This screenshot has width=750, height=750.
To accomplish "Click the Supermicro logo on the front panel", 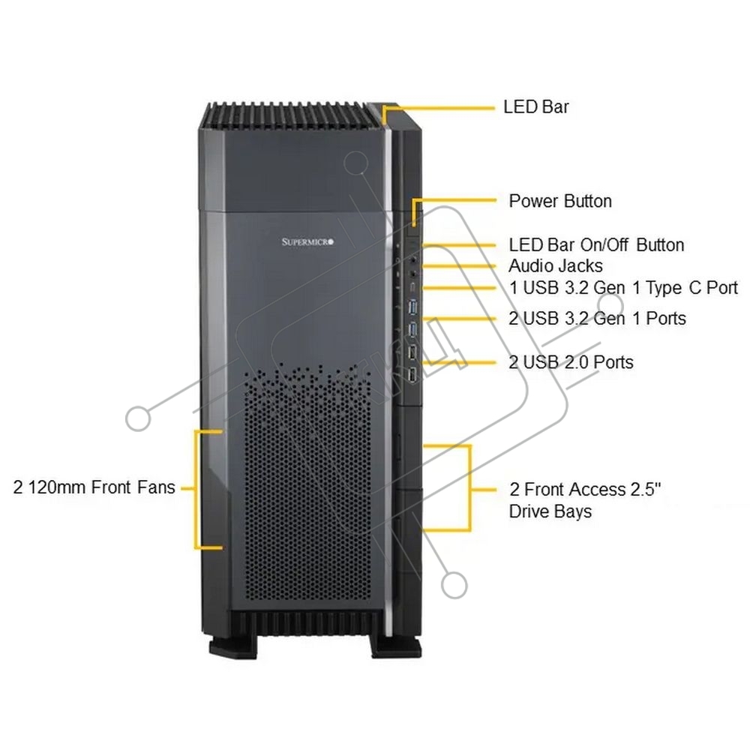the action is pyautogui.click(x=307, y=242).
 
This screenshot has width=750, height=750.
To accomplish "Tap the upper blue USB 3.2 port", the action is pyautogui.click(x=413, y=307).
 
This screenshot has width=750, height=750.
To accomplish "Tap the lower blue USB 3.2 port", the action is pyautogui.click(x=413, y=328).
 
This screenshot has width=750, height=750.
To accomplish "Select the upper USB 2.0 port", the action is pyautogui.click(x=412, y=352).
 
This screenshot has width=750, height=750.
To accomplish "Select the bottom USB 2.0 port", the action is pyautogui.click(x=412, y=374).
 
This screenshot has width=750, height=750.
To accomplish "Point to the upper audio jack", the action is pyautogui.click(x=413, y=259).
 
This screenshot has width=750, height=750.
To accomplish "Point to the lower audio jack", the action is pyautogui.click(x=413, y=274).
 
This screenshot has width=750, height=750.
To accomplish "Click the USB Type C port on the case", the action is pyautogui.click(x=412, y=288).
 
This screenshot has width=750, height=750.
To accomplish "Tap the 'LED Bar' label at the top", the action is pyautogui.click(x=536, y=106).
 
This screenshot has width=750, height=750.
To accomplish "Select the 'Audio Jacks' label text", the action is pyautogui.click(x=555, y=266).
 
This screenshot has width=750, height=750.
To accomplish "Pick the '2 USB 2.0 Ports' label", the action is pyautogui.click(x=571, y=362).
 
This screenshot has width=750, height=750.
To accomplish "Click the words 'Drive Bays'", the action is pyautogui.click(x=550, y=511).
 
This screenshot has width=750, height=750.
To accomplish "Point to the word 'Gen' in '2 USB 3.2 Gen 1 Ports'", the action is pyautogui.click(x=609, y=319).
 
